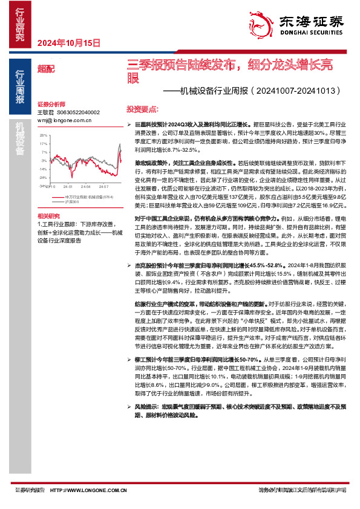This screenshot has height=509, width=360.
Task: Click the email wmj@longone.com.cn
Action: (64, 120)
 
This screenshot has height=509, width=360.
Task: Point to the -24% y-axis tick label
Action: (43, 178)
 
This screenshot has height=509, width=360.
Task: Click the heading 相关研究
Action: (48, 216)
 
